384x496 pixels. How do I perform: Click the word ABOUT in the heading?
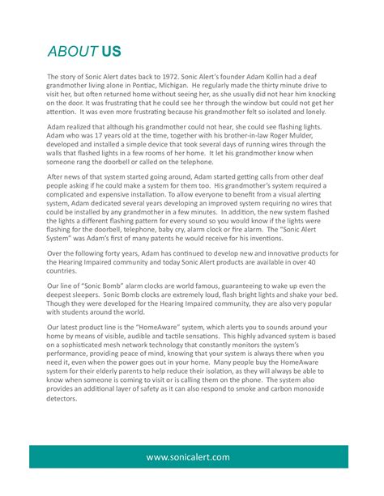pyautogui.click(x=71, y=52)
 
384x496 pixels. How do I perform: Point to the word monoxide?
pyautogui.click(x=325, y=390)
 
